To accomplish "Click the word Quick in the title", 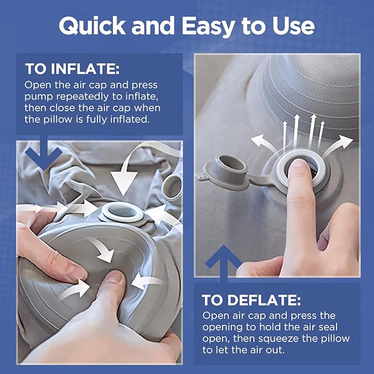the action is point(93,26).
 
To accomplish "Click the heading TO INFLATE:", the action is point(72,69).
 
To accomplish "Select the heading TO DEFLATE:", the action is point(251,300).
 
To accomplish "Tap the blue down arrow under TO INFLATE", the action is point(44,153).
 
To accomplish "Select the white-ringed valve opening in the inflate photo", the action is point(123,212).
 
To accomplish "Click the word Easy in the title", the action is point(209,26).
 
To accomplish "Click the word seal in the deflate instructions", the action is point(328,327).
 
